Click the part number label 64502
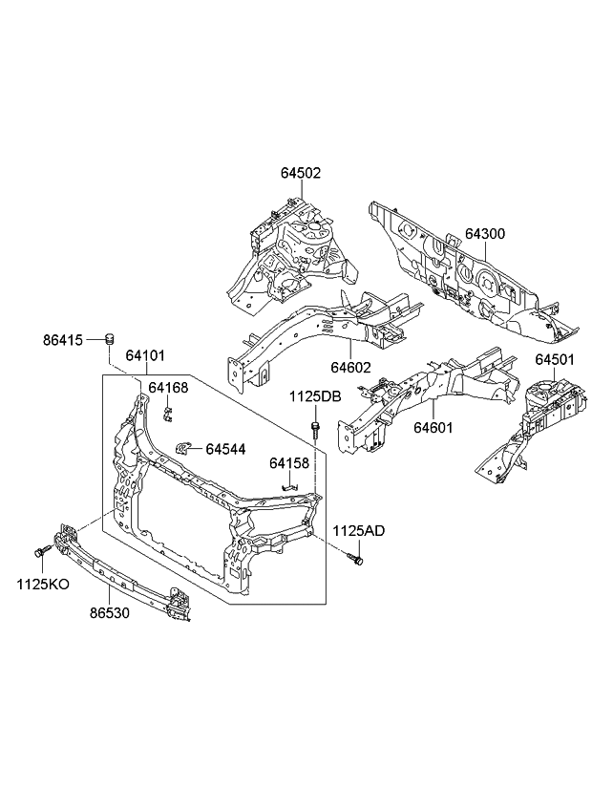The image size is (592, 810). [x=300, y=174]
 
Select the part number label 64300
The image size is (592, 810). [x=485, y=234]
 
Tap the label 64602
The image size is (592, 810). [x=350, y=367]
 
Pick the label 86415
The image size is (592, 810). [x=63, y=339]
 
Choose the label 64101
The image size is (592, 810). [x=146, y=356]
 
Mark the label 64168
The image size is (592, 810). [x=169, y=388]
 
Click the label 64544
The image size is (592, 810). [x=225, y=447]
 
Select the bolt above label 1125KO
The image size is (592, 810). [x=40, y=552]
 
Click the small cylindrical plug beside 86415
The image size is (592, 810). [x=109, y=336]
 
